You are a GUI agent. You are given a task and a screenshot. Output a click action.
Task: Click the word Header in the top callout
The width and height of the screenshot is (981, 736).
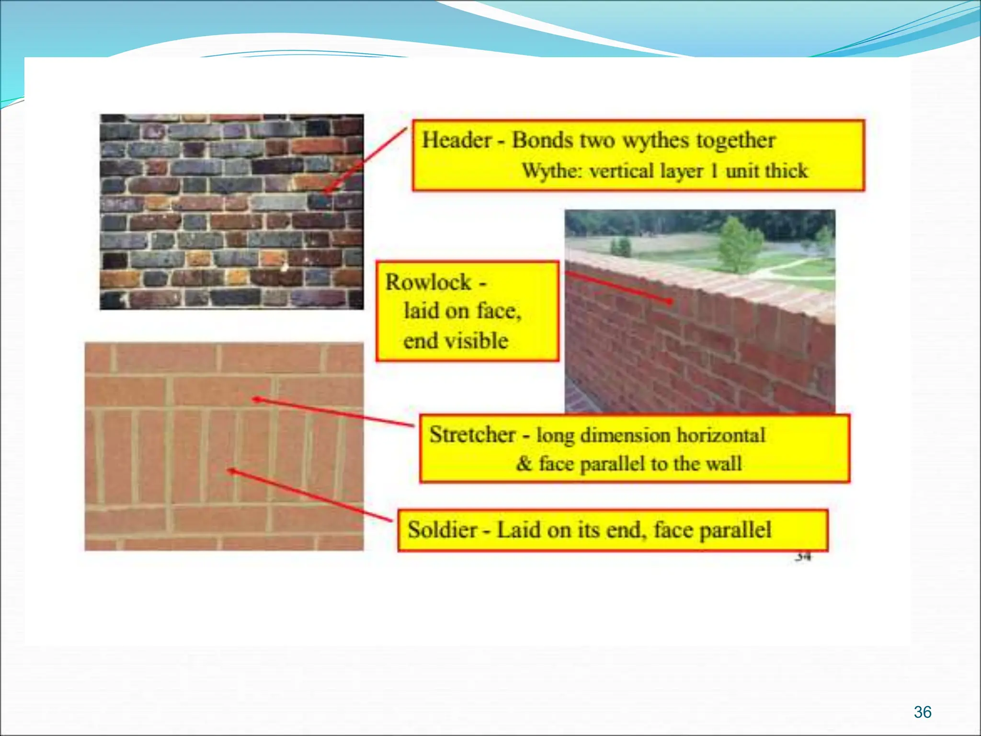pos(456,140)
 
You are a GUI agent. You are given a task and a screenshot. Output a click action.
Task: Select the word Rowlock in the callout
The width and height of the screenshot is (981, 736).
pos(428,282)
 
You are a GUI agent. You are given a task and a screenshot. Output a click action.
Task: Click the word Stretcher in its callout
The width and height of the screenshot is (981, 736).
pos(472,435)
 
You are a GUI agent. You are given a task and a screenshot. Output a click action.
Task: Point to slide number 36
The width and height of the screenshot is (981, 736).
pos(922,712)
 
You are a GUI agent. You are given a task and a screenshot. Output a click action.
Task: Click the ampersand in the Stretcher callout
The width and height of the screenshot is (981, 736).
pos(524,463)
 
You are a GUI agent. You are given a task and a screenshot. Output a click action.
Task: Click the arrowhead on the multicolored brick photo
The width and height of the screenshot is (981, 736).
pos(328,190)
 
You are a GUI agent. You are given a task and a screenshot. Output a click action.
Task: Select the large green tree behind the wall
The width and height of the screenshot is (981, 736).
pos(738,244)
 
